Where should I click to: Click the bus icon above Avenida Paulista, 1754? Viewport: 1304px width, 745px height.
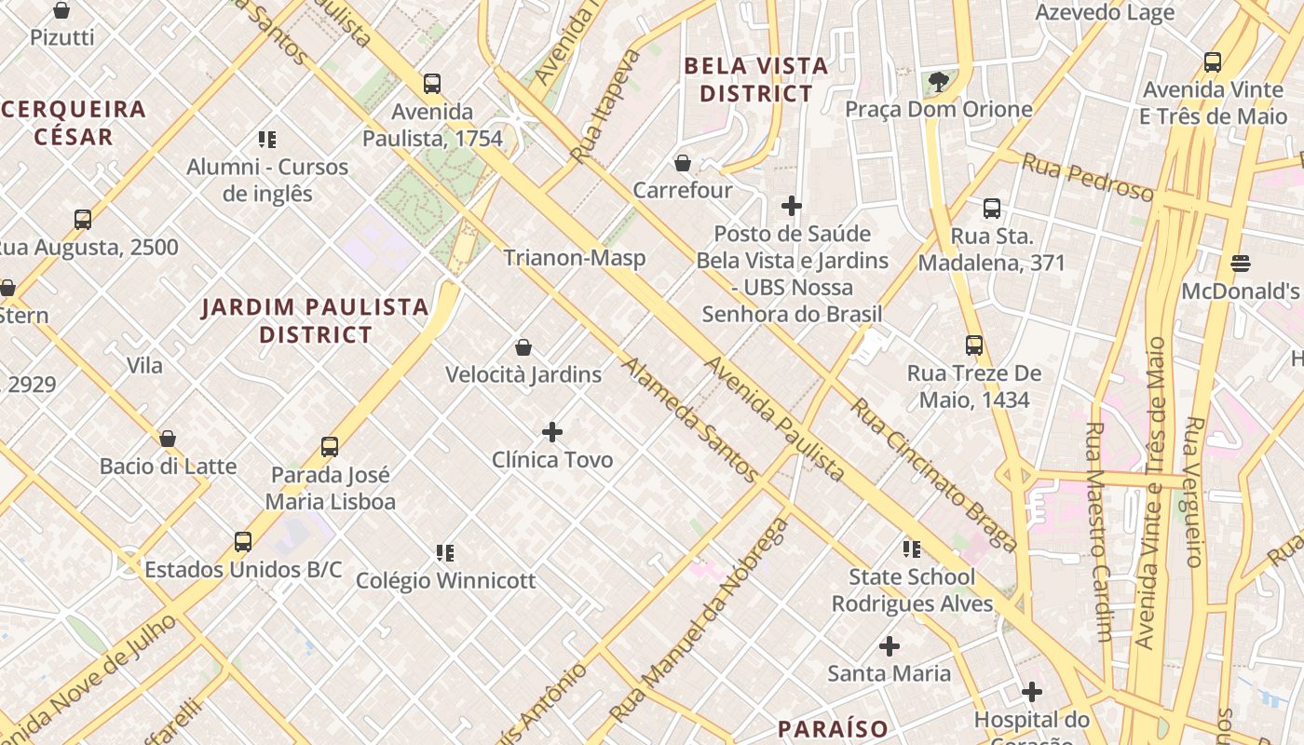[x=432, y=83]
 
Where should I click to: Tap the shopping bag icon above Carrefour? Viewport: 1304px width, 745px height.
[x=683, y=163]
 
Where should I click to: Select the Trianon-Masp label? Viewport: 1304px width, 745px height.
[x=575, y=258]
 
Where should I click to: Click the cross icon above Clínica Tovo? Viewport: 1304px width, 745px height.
[x=552, y=432]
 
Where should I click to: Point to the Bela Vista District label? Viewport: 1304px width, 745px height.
[x=755, y=80]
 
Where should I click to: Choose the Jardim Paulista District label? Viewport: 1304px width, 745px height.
[x=316, y=320]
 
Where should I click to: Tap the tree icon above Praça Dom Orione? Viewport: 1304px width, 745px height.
[x=939, y=82]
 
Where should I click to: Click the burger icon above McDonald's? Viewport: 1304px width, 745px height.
[x=1240, y=264]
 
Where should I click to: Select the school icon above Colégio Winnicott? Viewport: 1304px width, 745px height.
[x=445, y=553]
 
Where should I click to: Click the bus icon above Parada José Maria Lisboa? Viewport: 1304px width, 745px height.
[x=330, y=446]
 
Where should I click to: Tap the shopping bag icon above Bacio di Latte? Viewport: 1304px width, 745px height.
[x=168, y=438]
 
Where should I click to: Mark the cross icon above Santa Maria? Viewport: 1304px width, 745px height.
[x=890, y=645]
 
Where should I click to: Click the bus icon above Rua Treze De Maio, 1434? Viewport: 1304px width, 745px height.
[x=974, y=345]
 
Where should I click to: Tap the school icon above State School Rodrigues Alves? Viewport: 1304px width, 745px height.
[x=912, y=549]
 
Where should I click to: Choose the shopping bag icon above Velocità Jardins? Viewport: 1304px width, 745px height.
[x=523, y=347]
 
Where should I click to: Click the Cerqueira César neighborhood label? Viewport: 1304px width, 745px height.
[x=74, y=123]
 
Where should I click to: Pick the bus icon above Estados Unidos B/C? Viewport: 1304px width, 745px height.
[x=243, y=541]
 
